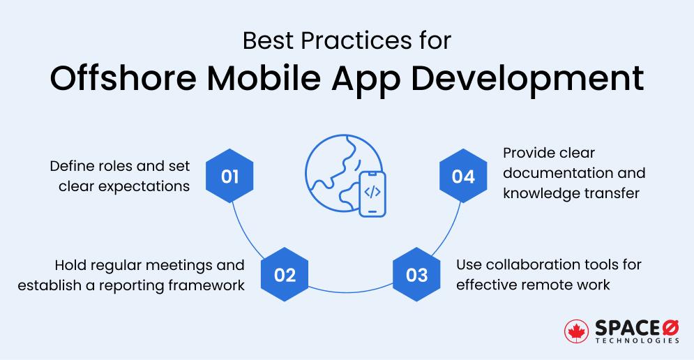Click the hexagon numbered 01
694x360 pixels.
pyautogui.click(x=230, y=177)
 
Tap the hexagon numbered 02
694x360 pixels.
pyautogui.click(x=285, y=275)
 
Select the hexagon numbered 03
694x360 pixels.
pyautogui.click(x=416, y=275)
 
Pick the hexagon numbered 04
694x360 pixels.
pyautogui.click(x=462, y=177)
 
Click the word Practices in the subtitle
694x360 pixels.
pyautogui.click(x=348, y=40)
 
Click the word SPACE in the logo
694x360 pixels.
pyautogui.click(x=624, y=327)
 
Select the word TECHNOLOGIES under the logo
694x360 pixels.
pyautogui.click(x=637, y=341)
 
